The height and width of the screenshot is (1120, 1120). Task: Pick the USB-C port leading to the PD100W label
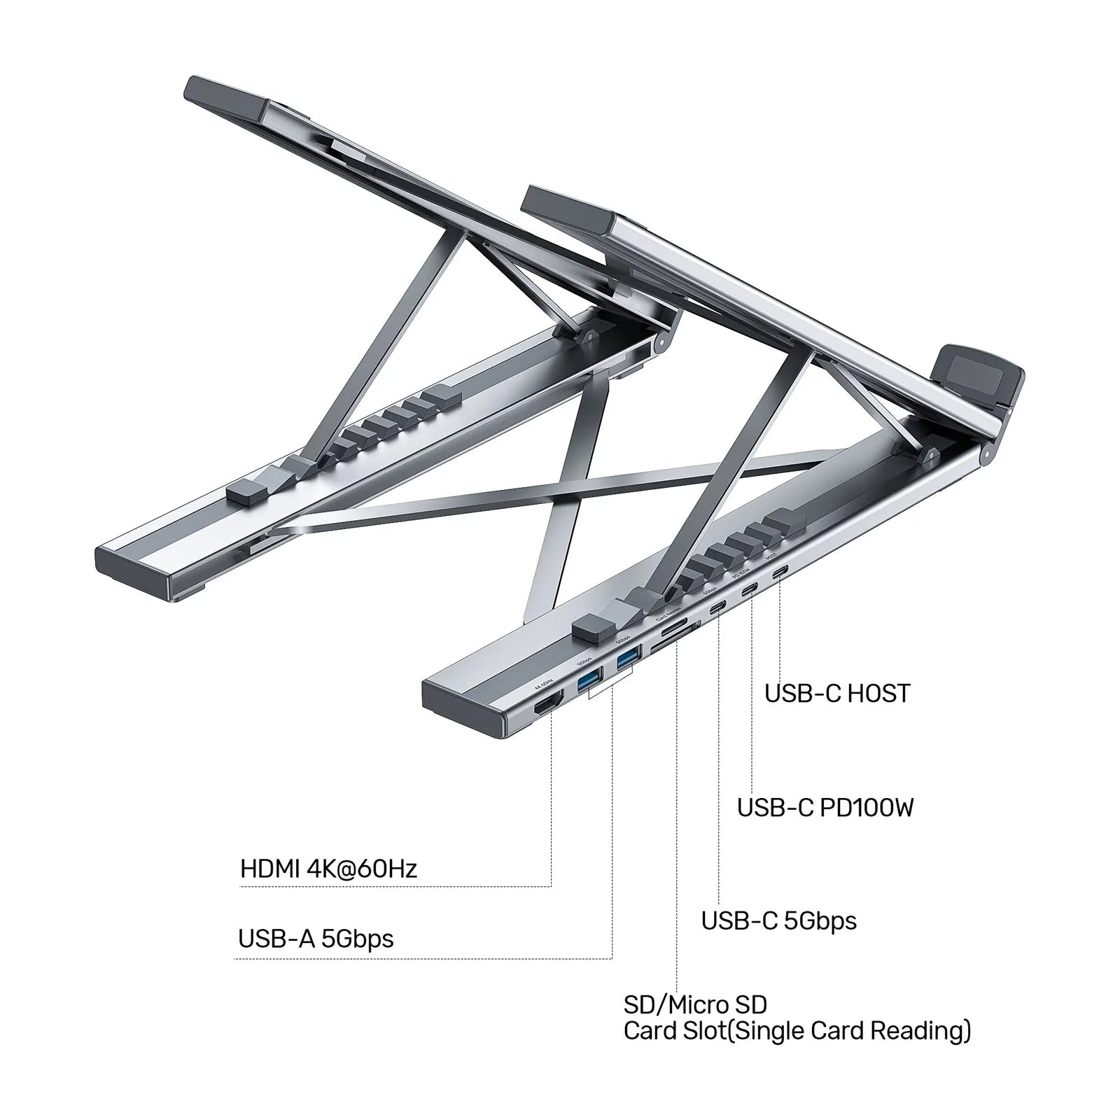click(750, 589)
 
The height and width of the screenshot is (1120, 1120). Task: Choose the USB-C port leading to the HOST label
click(779, 573)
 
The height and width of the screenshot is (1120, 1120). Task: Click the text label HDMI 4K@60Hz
click(328, 869)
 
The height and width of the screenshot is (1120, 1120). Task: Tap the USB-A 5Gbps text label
click(316, 938)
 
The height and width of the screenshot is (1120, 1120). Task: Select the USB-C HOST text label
click(837, 694)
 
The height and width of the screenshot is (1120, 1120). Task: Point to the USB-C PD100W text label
click(825, 808)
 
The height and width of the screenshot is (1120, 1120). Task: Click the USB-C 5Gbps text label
click(778, 920)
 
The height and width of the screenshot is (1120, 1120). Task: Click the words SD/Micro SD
click(695, 1004)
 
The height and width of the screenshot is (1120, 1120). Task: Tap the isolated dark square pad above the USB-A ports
click(591, 628)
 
